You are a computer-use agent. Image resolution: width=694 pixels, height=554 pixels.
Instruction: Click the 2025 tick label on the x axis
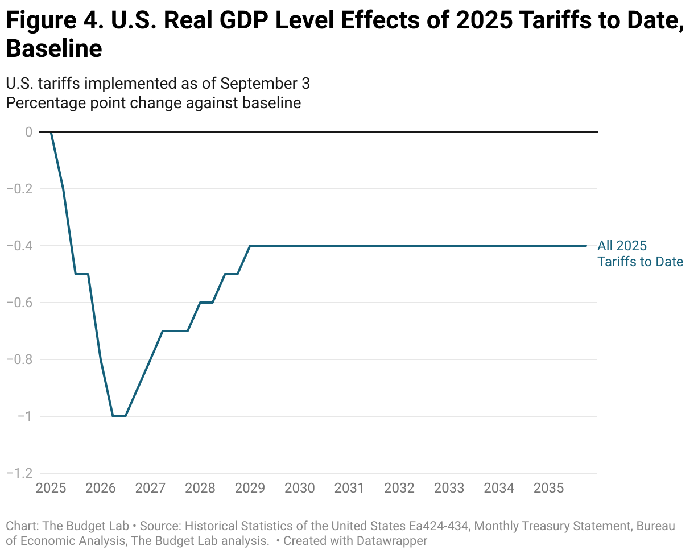(x=51, y=488)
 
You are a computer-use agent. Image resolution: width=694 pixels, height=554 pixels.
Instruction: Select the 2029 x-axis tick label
(x=250, y=488)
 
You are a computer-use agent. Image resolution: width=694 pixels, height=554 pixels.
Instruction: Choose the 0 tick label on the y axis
(x=28, y=132)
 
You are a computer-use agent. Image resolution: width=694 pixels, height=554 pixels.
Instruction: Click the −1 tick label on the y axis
(x=23, y=416)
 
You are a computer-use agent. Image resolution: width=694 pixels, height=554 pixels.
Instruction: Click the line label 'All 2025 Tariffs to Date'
(x=639, y=254)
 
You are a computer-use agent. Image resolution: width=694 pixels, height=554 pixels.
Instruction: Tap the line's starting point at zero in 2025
(x=51, y=132)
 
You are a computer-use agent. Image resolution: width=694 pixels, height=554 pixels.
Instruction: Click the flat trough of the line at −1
(x=119, y=416)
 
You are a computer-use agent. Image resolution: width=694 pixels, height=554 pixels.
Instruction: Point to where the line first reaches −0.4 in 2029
(x=250, y=246)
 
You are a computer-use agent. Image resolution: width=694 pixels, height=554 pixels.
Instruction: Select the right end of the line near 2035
(x=585, y=246)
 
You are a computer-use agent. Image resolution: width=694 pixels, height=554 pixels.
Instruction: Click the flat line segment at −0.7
(x=175, y=331)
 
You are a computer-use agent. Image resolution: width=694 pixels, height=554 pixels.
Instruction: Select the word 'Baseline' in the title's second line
(x=54, y=49)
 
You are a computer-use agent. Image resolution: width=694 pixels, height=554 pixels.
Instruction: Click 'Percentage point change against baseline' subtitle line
(x=153, y=103)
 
